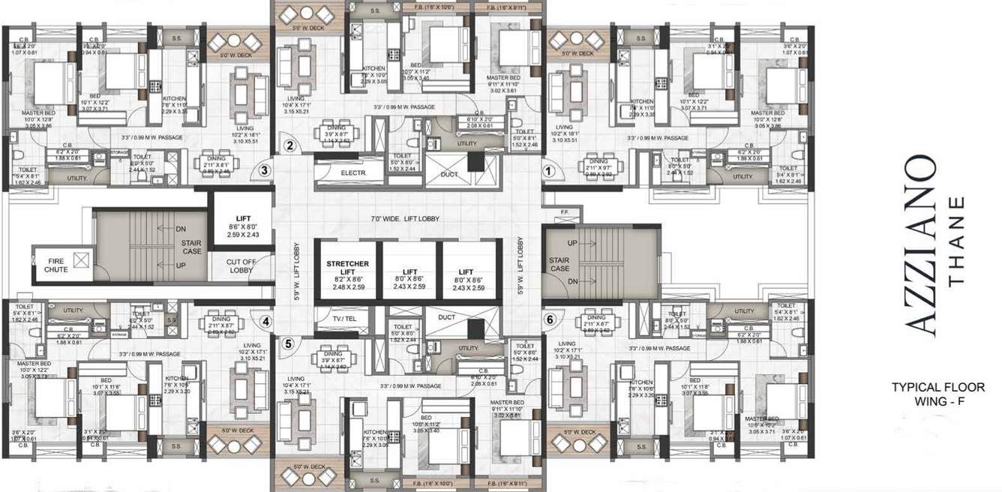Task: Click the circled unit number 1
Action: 548,171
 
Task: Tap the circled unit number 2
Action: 289,145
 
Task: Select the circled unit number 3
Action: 263,170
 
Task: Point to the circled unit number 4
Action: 265,321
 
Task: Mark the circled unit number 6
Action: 550,319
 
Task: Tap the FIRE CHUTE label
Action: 55,264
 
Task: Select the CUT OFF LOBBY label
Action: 241,266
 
